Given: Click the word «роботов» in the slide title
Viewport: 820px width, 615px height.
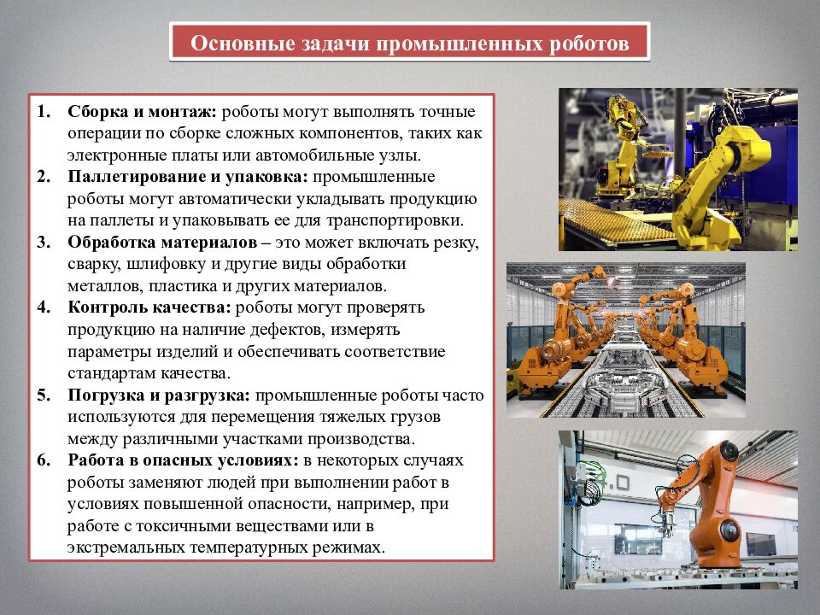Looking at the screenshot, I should click(588, 43).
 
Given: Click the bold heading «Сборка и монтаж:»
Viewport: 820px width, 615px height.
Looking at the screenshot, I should click(143, 113).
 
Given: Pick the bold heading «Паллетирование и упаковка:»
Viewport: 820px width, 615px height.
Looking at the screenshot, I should click(189, 177).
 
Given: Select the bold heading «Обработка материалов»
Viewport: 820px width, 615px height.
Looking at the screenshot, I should click(162, 242).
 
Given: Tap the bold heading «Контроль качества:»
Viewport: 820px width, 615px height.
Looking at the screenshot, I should click(149, 307).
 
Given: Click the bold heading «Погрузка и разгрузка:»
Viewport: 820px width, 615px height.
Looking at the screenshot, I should click(160, 395).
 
